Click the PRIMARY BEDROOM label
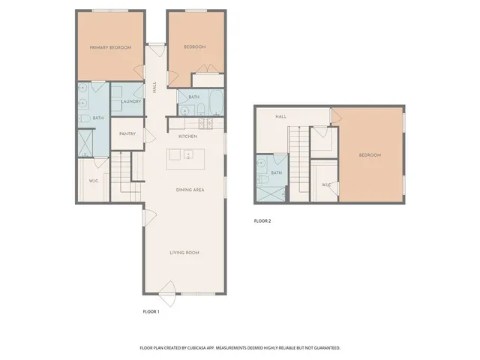click(110, 47)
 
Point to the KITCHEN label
click(187, 136)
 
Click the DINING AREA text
click(190, 190)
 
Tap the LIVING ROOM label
click(184, 253)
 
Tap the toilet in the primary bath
click(84, 118)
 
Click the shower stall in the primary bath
click(86, 142)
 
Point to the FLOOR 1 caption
click(151, 310)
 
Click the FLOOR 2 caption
click(262, 220)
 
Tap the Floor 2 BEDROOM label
click(370, 155)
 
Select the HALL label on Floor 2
click(281, 117)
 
